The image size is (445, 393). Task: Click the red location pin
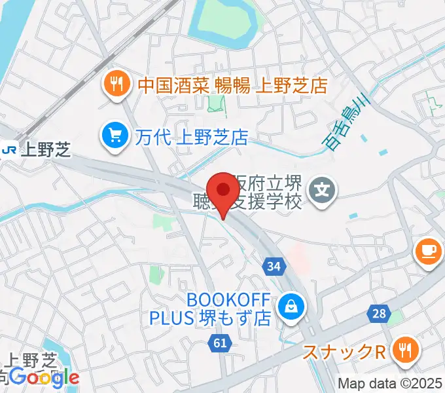[x=224, y=191]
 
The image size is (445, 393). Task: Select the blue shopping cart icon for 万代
[x=116, y=136]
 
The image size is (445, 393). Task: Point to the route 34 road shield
[x=275, y=266]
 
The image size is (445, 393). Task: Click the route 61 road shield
[x=220, y=341]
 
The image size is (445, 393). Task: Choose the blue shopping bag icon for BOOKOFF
[x=288, y=305]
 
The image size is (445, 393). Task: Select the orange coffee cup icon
[x=429, y=251]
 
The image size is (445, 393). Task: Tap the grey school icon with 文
[x=323, y=191]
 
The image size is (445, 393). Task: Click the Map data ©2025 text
[x=390, y=384]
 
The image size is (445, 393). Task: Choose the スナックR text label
[x=344, y=352]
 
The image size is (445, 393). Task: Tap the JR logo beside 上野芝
[x=9, y=150]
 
